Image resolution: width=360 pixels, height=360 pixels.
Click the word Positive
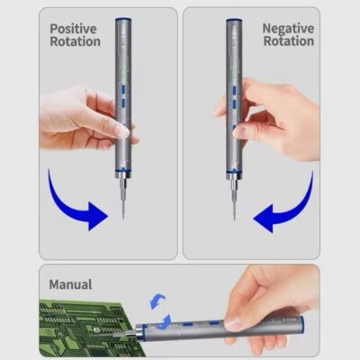click(x=73, y=29)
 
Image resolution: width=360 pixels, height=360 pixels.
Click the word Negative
click(x=288, y=29)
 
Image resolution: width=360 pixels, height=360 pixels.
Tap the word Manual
click(x=70, y=284)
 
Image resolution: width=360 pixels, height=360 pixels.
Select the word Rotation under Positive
click(x=76, y=41)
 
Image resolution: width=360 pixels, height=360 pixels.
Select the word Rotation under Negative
click(x=289, y=41)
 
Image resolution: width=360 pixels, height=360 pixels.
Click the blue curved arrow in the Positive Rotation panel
click(x=67, y=210)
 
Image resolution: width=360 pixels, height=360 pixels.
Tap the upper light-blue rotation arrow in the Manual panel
click(x=157, y=301)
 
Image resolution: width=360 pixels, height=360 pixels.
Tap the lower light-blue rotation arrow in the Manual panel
click(x=165, y=322)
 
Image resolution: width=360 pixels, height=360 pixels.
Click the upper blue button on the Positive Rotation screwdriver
click(x=123, y=89)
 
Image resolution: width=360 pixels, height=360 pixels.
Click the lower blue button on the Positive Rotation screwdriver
click(x=123, y=103)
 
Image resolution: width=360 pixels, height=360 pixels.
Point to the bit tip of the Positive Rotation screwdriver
click(x=123, y=219)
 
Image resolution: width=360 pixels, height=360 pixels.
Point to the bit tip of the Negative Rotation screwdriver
click(x=234, y=219)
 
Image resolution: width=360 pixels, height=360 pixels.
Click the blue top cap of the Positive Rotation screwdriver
click(x=123, y=20)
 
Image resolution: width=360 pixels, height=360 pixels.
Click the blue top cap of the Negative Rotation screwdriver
click(x=234, y=20)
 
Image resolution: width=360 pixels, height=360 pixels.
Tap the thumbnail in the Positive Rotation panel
click(x=123, y=131)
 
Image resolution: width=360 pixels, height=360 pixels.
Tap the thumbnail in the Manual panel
click(x=234, y=324)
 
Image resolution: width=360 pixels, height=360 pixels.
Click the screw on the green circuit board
click(x=96, y=330)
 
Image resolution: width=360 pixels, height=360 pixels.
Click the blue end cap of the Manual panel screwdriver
click(x=302, y=327)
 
